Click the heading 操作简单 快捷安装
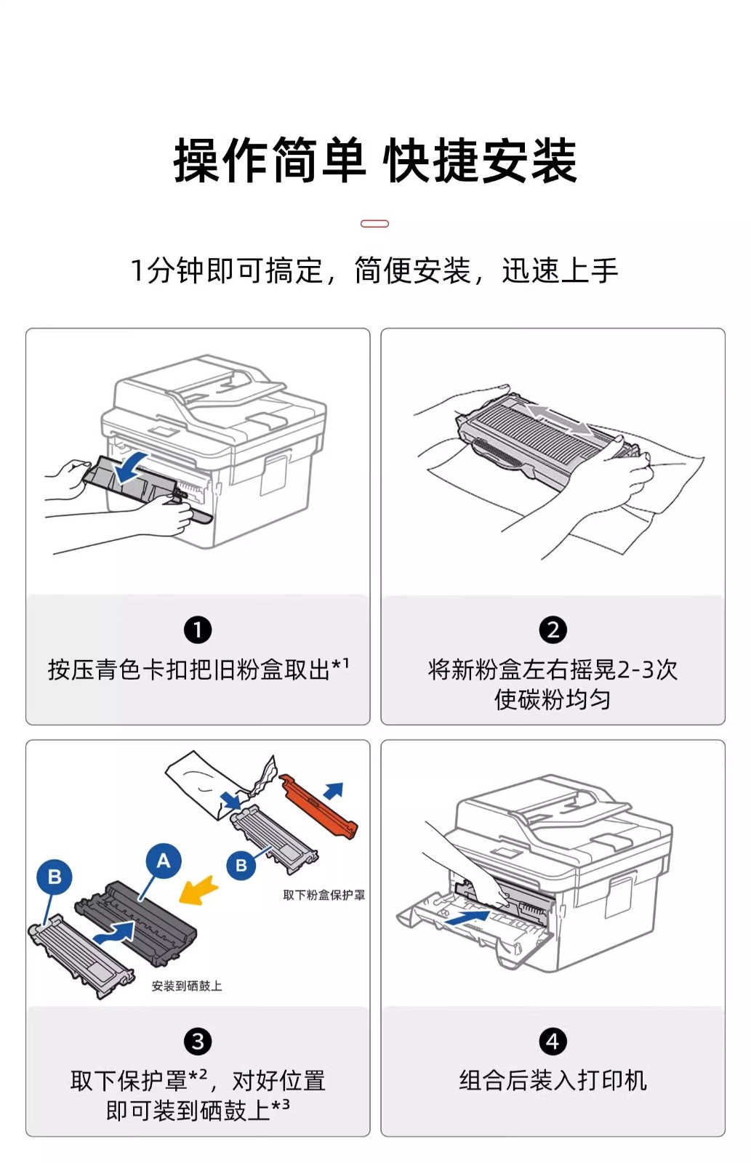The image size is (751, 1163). (x=375, y=161)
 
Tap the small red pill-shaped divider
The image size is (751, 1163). (x=375, y=224)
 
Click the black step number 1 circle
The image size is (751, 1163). (x=198, y=629)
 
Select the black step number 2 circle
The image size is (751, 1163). (x=553, y=629)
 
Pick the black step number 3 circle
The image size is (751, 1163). (x=198, y=1041)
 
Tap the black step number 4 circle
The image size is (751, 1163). (x=553, y=1041)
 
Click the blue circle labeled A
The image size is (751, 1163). (x=164, y=861)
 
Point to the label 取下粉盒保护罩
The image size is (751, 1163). (x=324, y=895)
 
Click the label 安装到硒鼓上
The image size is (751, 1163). (x=187, y=986)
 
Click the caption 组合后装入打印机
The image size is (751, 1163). (x=553, y=1080)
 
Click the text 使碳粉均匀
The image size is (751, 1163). (x=553, y=699)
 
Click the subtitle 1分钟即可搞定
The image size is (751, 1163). (x=226, y=271)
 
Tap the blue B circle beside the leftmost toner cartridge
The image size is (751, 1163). (x=55, y=877)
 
